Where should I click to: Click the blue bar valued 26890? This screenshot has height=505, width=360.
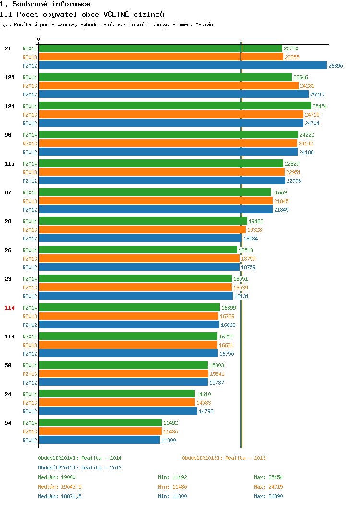(x=183, y=65)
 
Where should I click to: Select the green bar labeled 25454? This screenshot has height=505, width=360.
(x=175, y=106)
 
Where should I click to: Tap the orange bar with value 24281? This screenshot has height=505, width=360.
(x=169, y=85)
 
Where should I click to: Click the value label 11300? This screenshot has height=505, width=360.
(x=168, y=440)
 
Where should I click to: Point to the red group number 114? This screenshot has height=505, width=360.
(x=9, y=308)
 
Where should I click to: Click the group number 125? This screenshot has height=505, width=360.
(x=9, y=77)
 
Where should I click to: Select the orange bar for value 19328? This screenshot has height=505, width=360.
(x=143, y=229)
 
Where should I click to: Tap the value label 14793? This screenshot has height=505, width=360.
(x=206, y=411)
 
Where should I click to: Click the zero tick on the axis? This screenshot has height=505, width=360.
(x=39, y=39)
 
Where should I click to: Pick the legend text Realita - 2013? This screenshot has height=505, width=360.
(x=245, y=458)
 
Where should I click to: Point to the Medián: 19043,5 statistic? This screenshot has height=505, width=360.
(x=60, y=487)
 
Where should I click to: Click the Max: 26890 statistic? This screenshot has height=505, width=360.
(x=268, y=496)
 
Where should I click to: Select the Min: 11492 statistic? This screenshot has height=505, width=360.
(x=172, y=477)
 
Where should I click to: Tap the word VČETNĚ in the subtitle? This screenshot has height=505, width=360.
(x=116, y=14)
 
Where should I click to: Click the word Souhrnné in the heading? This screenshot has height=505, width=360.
(x=30, y=4)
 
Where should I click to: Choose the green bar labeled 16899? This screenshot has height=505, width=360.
(x=130, y=307)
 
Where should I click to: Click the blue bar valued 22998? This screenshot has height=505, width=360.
(x=162, y=180)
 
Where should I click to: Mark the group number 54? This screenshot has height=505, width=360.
(x=8, y=423)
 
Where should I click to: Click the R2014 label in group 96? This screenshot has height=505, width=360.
(x=30, y=135)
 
